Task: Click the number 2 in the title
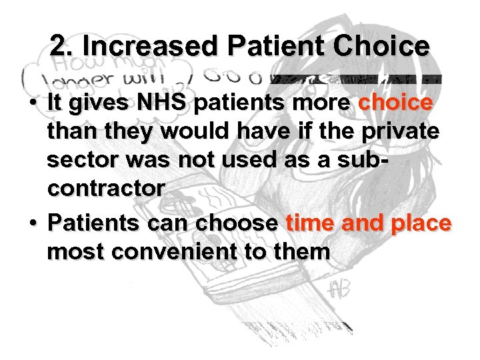58,46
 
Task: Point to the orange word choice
395,104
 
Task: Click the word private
399,131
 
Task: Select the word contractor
105,188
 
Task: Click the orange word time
310,224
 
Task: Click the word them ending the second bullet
298,252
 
